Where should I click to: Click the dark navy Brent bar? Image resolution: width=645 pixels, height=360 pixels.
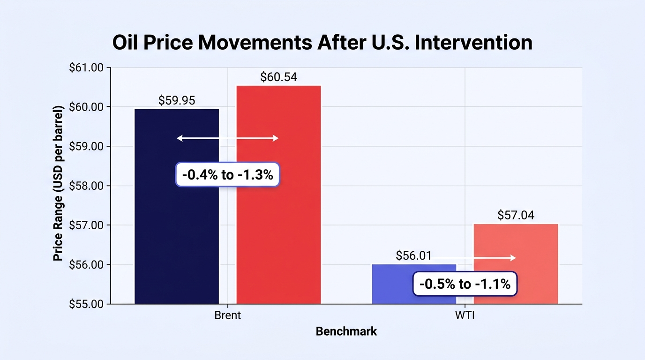pyautogui.click(x=177, y=207)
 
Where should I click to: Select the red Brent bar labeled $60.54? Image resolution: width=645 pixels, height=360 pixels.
pyautogui.click(x=278, y=195)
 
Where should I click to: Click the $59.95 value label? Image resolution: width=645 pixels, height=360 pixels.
pyautogui.click(x=177, y=100)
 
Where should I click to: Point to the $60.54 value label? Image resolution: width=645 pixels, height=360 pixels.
pyautogui.click(x=278, y=77)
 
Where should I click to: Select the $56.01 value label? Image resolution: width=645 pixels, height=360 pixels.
pyautogui.click(x=413, y=255)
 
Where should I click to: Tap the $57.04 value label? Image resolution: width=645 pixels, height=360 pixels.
pyautogui.click(x=516, y=215)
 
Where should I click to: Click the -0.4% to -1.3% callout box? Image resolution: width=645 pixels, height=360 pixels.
pyautogui.click(x=227, y=174)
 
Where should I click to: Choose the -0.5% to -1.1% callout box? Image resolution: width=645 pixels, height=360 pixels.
pyautogui.click(x=465, y=284)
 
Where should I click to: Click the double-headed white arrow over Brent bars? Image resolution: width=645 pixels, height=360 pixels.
pyautogui.click(x=227, y=138)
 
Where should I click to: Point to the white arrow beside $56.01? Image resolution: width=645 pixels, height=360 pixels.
pyautogui.click(x=474, y=258)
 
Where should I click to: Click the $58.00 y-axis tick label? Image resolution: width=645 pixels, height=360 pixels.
pyautogui.click(x=86, y=186)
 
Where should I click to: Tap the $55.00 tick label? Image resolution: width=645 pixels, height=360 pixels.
pyautogui.click(x=86, y=304)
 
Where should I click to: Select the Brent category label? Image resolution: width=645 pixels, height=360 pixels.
pyautogui.click(x=227, y=315)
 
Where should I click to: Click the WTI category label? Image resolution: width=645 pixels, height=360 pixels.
pyautogui.click(x=465, y=315)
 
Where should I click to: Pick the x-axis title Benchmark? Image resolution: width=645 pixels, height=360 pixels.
pyautogui.click(x=346, y=331)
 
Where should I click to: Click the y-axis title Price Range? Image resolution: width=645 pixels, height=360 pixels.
pyautogui.click(x=58, y=183)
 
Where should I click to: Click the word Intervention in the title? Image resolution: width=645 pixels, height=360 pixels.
pyautogui.click(x=473, y=43)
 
